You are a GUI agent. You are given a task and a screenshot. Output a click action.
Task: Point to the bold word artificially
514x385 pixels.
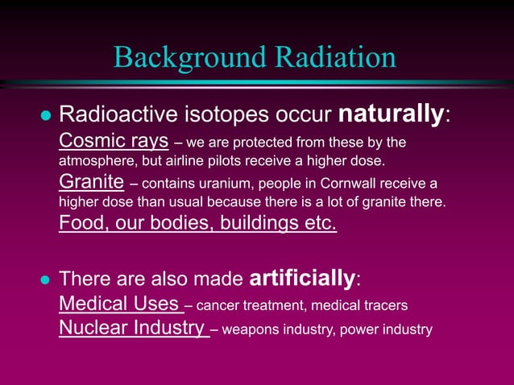pos(303,279)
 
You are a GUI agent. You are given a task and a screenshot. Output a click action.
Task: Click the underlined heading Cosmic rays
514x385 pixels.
pos(114,142)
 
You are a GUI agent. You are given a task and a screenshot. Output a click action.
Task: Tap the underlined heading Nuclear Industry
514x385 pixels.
pos(132,328)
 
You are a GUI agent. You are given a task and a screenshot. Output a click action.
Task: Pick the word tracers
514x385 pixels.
pos(382,306)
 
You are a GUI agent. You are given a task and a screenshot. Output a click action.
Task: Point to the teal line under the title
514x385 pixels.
pos(258,82)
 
